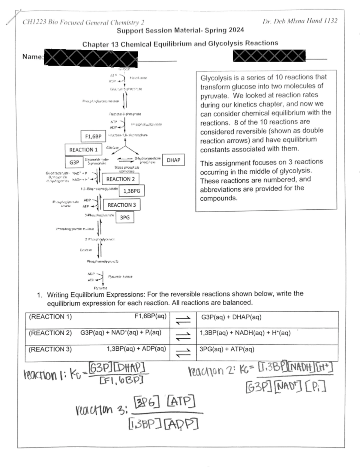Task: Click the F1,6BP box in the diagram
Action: (93, 136)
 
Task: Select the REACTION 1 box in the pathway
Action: (83, 150)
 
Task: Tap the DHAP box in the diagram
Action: (173, 160)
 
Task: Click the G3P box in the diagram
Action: (74, 162)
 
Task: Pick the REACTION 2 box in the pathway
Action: (120, 179)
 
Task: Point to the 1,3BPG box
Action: (132, 191)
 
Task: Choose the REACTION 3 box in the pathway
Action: (121, 205)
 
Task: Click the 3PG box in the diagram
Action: (125, 217)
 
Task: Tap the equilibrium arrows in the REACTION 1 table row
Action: (183, 320)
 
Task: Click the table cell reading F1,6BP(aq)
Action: (150, 316)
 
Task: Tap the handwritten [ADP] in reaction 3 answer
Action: (181, 424)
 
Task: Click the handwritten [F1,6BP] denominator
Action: (121, 381)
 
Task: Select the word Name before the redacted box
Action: (32, 57)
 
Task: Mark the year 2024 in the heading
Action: (236, 30)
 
